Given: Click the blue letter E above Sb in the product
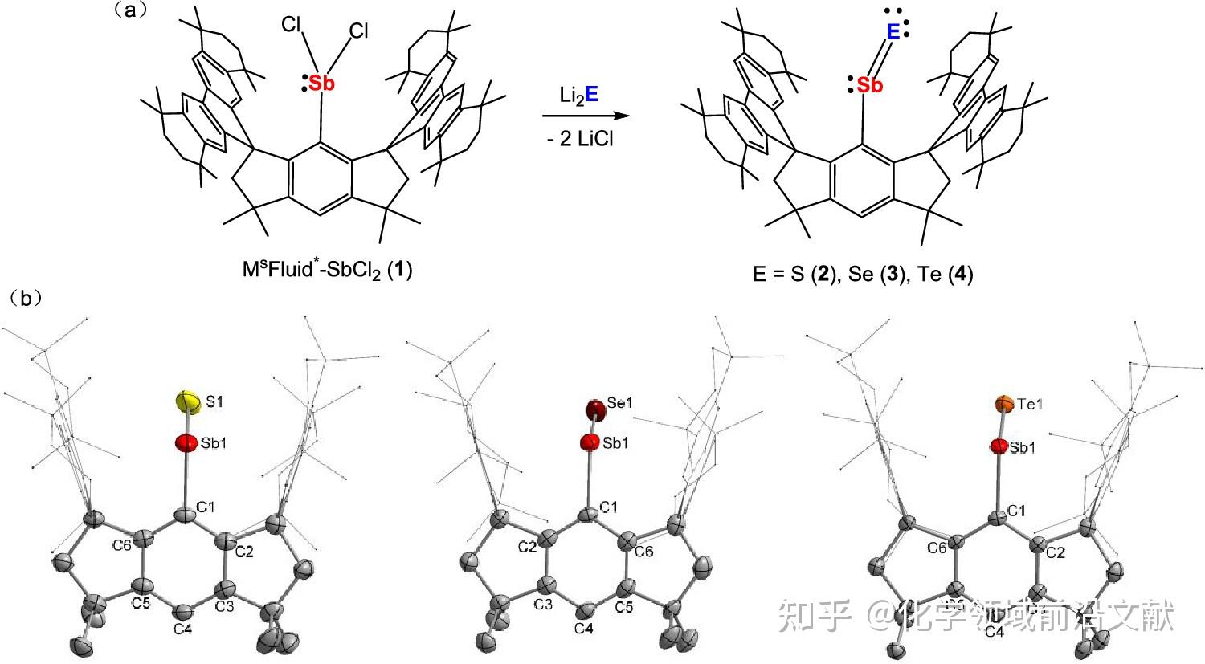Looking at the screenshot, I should coord(892,32).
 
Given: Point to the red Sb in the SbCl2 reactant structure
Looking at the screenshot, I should coord(321,82).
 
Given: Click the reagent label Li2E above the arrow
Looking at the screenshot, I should coord(578,95).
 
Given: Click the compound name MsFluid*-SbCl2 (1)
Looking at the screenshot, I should coord(328,268).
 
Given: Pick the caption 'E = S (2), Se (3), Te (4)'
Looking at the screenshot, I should coord(863,274).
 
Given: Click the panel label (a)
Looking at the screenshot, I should coord(129,11).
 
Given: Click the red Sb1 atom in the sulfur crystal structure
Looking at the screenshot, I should coord(186,442).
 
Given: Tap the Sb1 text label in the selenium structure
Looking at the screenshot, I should coord(615,443).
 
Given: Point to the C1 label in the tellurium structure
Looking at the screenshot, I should coord(1018,510).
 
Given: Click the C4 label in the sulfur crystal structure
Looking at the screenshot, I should coord(182,629).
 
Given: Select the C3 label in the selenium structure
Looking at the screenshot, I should coord(544,603).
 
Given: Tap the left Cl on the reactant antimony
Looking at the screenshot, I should coord(291,25).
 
